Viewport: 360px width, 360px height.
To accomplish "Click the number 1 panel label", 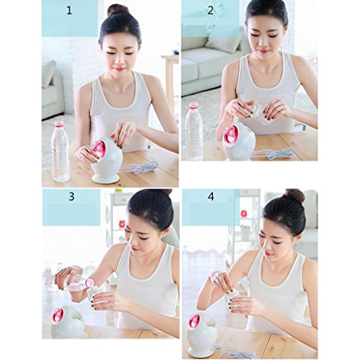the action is point(69,11).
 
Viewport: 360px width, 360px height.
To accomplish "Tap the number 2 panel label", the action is point(210,11).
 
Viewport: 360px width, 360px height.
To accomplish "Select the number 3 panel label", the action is point(71,197).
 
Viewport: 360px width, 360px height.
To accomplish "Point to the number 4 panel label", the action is point(211,197).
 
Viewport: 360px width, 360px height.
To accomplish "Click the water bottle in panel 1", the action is point(60,152).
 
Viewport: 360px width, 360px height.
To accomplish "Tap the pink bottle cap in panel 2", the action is point(194,105).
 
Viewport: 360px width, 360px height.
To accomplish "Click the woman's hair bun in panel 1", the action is point(118,11).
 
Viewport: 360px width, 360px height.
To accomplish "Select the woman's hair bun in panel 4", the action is point(294,196).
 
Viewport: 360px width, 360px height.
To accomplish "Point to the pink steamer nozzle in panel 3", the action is point(58,315).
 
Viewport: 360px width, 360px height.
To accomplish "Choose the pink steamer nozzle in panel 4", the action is point(194,321).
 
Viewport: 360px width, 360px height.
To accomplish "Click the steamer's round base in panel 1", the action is point(106,179).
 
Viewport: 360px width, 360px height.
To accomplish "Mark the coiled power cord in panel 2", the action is point(274,153).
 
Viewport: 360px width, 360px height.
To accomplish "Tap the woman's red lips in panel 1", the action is point(120,69).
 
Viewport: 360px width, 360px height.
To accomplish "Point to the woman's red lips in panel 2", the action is point(263,51).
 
